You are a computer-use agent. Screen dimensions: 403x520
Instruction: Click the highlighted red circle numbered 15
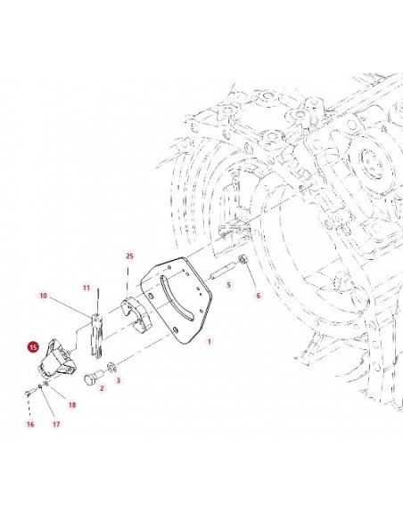33,347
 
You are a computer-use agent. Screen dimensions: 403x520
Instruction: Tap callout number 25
129,256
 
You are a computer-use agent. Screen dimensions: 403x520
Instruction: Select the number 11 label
86,288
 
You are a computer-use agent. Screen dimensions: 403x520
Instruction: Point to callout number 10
44,296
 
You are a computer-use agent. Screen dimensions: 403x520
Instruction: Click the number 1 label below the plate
210,341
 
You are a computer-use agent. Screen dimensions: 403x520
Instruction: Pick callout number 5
228,285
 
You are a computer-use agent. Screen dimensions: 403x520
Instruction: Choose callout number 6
259,295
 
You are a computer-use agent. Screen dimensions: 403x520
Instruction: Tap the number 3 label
119,380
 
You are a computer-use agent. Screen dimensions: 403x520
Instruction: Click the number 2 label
102,387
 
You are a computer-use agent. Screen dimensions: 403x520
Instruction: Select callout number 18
72,404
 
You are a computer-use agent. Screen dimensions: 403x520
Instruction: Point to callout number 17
56,424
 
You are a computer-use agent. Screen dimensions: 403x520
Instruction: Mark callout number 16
30,424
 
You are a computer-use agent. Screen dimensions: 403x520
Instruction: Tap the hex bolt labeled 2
93,378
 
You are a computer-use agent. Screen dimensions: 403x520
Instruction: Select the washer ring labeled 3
111,367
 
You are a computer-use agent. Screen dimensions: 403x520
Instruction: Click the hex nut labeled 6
243,259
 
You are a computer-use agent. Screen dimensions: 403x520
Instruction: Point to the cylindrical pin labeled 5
222,269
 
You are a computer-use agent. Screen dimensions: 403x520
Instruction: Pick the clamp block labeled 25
136,314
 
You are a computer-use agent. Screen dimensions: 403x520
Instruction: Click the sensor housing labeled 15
56,359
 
